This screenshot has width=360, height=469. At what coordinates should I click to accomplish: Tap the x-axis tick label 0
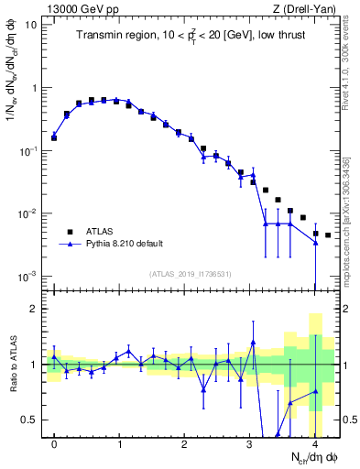(54, 443)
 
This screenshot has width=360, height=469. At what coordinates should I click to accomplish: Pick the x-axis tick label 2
(184, 443)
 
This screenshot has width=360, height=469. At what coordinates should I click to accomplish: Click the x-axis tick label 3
(249, 443)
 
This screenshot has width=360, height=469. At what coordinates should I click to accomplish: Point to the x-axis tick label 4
(314, 443)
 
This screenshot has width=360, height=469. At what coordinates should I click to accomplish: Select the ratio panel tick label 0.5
(28, 420)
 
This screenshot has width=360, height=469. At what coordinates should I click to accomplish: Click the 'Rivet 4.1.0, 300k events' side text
(352, 65)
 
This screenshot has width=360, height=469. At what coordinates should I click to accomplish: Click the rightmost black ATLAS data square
(328, 235)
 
